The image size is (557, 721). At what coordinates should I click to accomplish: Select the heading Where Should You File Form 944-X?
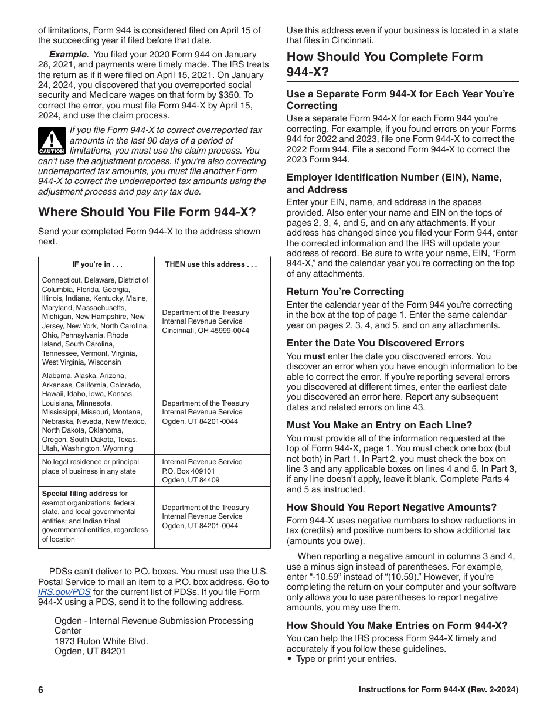[147, 212]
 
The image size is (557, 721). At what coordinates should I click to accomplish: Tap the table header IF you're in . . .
[97, 264]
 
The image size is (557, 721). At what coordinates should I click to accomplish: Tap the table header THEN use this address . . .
[211, 264]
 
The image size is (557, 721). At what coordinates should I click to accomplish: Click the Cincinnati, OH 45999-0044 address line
[205, 331]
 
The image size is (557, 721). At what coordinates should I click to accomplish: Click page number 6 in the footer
[41, 690]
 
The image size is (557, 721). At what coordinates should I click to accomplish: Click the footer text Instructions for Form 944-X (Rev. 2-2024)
[438, 690]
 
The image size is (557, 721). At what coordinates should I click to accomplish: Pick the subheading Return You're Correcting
[345, 291]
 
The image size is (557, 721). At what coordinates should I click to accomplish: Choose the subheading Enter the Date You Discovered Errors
[375, 343]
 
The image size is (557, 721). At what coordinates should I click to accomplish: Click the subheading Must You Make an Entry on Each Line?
[379, 425]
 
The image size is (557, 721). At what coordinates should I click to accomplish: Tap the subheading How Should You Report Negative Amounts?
[391, 507]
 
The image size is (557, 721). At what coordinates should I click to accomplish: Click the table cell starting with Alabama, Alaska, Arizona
[96, 411]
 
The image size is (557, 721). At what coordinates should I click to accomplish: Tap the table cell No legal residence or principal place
[96, 467]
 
